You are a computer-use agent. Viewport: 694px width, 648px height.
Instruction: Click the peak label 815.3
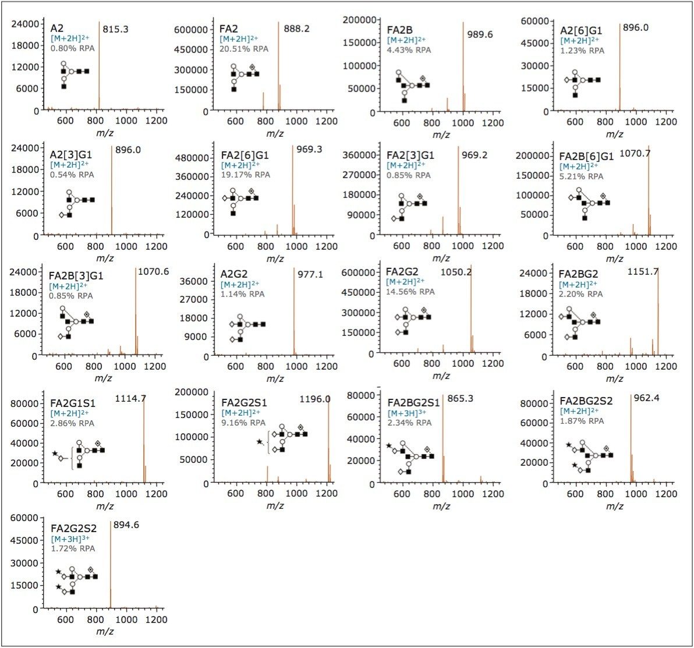[x=115, y=29]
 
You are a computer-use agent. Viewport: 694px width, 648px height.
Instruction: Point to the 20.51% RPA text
[x=244, y=49]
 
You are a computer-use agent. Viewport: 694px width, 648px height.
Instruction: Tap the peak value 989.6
[x=480, y=34]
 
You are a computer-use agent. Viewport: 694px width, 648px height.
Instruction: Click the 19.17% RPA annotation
[x=246, y=175]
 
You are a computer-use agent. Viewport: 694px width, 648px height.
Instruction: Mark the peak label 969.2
[x=475, y=155]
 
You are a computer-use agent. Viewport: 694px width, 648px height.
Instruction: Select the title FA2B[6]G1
[x=586, y=157]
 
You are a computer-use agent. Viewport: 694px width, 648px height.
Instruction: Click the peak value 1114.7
[x=130, y=398]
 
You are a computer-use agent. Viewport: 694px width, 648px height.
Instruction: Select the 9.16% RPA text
[x=243, y=423]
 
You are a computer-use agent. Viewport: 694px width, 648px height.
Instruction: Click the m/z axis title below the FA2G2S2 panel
[x=105, y=632]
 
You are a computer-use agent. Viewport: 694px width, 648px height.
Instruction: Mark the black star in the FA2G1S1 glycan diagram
[x=55, y=454]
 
